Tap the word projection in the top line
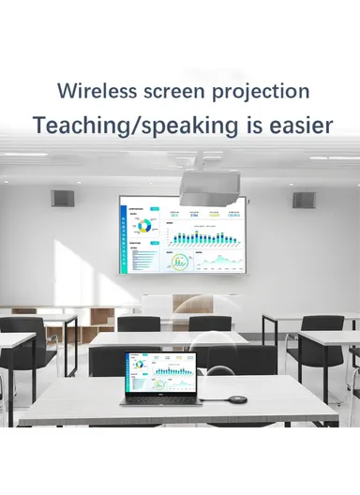tap(261, 91)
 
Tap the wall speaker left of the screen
tap(63, 199)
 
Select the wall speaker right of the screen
tap(302, 200)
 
